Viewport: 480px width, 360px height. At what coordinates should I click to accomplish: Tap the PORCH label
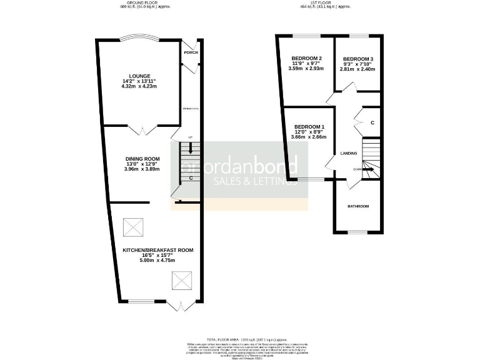[191, 52]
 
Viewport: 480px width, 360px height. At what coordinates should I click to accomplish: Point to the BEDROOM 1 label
[309, 127]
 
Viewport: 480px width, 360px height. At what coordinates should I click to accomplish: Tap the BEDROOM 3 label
[358, 57]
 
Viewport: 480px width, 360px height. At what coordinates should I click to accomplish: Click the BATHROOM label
[358, 206]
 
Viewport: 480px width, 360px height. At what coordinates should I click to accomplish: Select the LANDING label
[348, 152]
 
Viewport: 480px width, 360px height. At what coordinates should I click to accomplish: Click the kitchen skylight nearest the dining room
[132, 225]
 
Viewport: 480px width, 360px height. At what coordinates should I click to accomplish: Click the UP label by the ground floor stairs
[191, 137]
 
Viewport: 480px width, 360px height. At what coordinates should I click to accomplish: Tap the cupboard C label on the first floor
[372, 122]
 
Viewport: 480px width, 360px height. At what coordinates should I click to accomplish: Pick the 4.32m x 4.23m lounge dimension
[139, 87]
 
